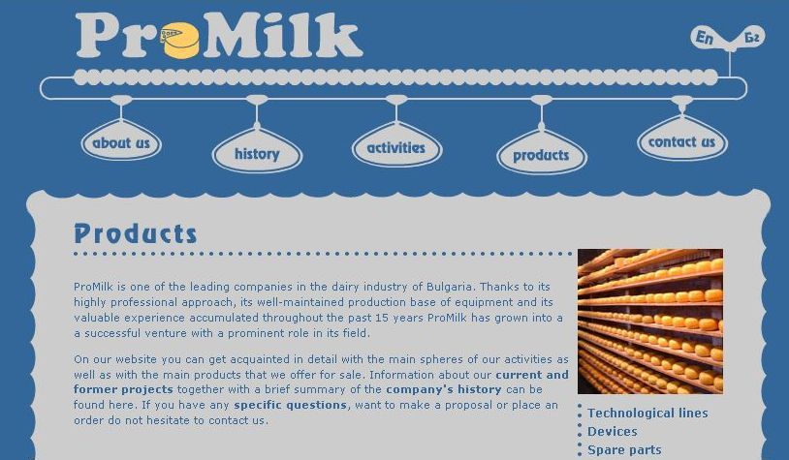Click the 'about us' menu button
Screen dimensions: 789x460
pos(121,142)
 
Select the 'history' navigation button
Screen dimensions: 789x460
pos(257,154)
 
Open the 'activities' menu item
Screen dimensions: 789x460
pos(396,148)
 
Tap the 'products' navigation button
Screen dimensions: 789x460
pos(542,155)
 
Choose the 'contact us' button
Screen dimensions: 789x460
pos(681,142)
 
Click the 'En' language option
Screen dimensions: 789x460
pos(705,37)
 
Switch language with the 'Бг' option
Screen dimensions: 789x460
pos(752,37)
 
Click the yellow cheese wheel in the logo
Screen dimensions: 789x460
pos(180,41)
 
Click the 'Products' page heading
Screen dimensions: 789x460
pos(136,233)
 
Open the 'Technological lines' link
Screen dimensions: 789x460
pos(647,414)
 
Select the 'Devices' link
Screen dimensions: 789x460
pos(613,432)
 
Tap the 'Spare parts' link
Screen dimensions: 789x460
pos(624,450)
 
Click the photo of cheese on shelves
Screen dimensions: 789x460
pos(650,322)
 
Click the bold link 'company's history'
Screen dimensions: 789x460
pos(444,389)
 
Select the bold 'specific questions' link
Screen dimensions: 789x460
pos(291,405)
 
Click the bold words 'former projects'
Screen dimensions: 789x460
pos(123,389)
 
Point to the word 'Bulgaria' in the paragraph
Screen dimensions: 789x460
pos(450,287)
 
